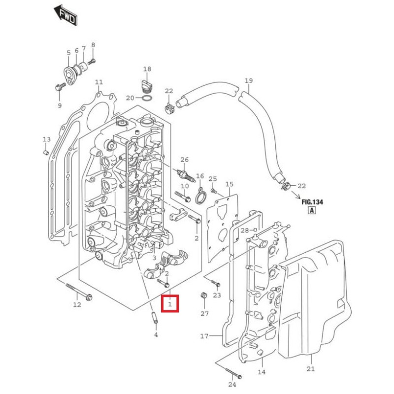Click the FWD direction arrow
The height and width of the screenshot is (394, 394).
65,15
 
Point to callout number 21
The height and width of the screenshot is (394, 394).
310,369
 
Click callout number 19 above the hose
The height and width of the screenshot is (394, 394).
248,81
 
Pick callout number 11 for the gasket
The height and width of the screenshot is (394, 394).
99,82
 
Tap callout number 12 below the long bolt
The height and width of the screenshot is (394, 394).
77,305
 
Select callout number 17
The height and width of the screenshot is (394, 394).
204,337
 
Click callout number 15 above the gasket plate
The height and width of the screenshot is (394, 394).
229,184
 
